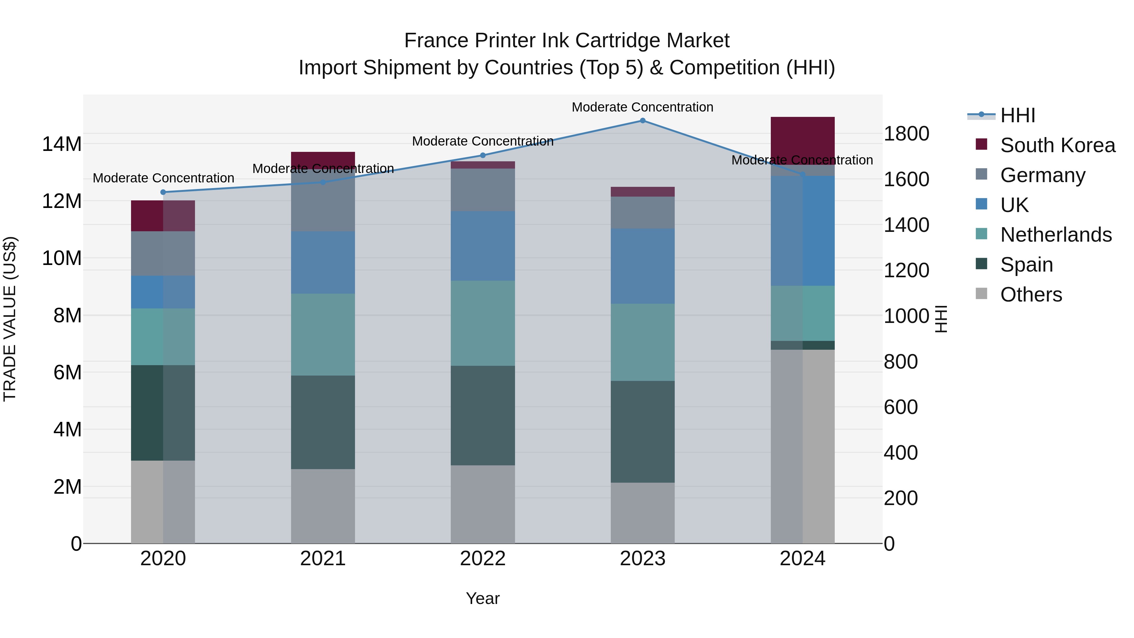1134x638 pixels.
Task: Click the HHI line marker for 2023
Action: (x=642, y=121)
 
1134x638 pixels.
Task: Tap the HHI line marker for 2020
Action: (x=163, y=192)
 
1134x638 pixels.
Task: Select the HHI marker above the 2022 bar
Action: (x=483, y=155)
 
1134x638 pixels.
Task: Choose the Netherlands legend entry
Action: (x=1055, y=235)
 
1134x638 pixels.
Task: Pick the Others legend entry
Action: (x=1031, y=295)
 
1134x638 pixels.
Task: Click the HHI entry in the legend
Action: (x=1017, y=115)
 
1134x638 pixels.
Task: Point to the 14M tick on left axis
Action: (x=62, y=144)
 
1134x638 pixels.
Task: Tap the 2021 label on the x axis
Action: (x=323, y=559)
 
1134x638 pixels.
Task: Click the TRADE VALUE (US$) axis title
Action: (x=10, y=319)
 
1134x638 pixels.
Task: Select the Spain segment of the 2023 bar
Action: (x=642, y=432)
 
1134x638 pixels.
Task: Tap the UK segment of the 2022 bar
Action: (x=483, y=246)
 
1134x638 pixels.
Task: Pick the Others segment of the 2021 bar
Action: (x=323, y=506)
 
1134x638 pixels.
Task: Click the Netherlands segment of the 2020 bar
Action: (x=163, y=337)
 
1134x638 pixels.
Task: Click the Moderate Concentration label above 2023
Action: (x=642, y=107)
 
